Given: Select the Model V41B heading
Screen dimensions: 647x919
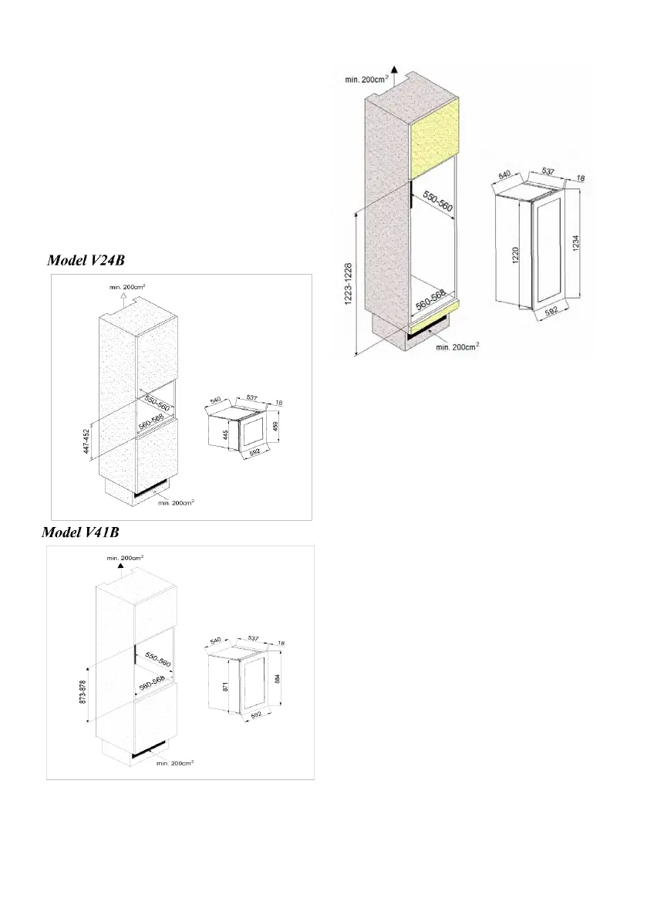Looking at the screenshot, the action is point(79,533).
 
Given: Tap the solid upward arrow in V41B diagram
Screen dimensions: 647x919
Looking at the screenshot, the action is point(120,566).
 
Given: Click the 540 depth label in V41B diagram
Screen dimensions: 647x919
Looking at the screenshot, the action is point(215,640).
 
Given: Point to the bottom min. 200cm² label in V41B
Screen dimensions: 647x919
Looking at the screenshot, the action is point(174,763).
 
